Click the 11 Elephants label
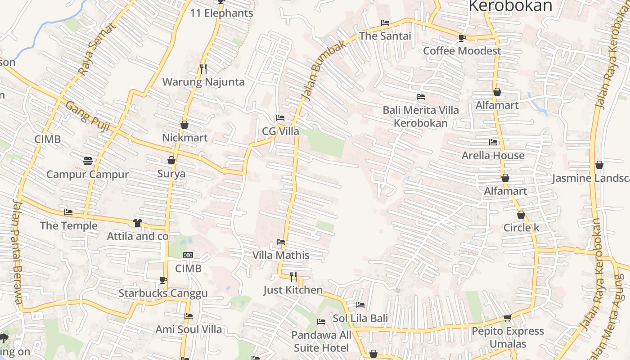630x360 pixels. click(221, 13)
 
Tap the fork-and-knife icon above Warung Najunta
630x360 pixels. click(203, 68)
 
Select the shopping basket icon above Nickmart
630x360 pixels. click(184, 125)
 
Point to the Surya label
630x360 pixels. click(171, 174)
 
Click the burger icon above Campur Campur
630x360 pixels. click(88, 161)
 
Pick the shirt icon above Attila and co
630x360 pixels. click(138, 223)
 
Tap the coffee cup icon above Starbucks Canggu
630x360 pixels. click(163, 280)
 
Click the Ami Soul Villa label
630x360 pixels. click(189, 329)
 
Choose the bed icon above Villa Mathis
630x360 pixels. click(281, 242)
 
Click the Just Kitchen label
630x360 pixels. click(293, 290)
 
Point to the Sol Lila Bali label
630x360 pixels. click(360, 318)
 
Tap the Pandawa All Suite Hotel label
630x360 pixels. click(321, 341)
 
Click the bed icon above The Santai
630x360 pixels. click(385, 22)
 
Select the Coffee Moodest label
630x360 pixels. click(462, 51)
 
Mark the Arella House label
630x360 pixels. click(493, 155)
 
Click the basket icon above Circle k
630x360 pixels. click(521, 215)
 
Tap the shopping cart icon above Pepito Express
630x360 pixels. click(508, 318)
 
